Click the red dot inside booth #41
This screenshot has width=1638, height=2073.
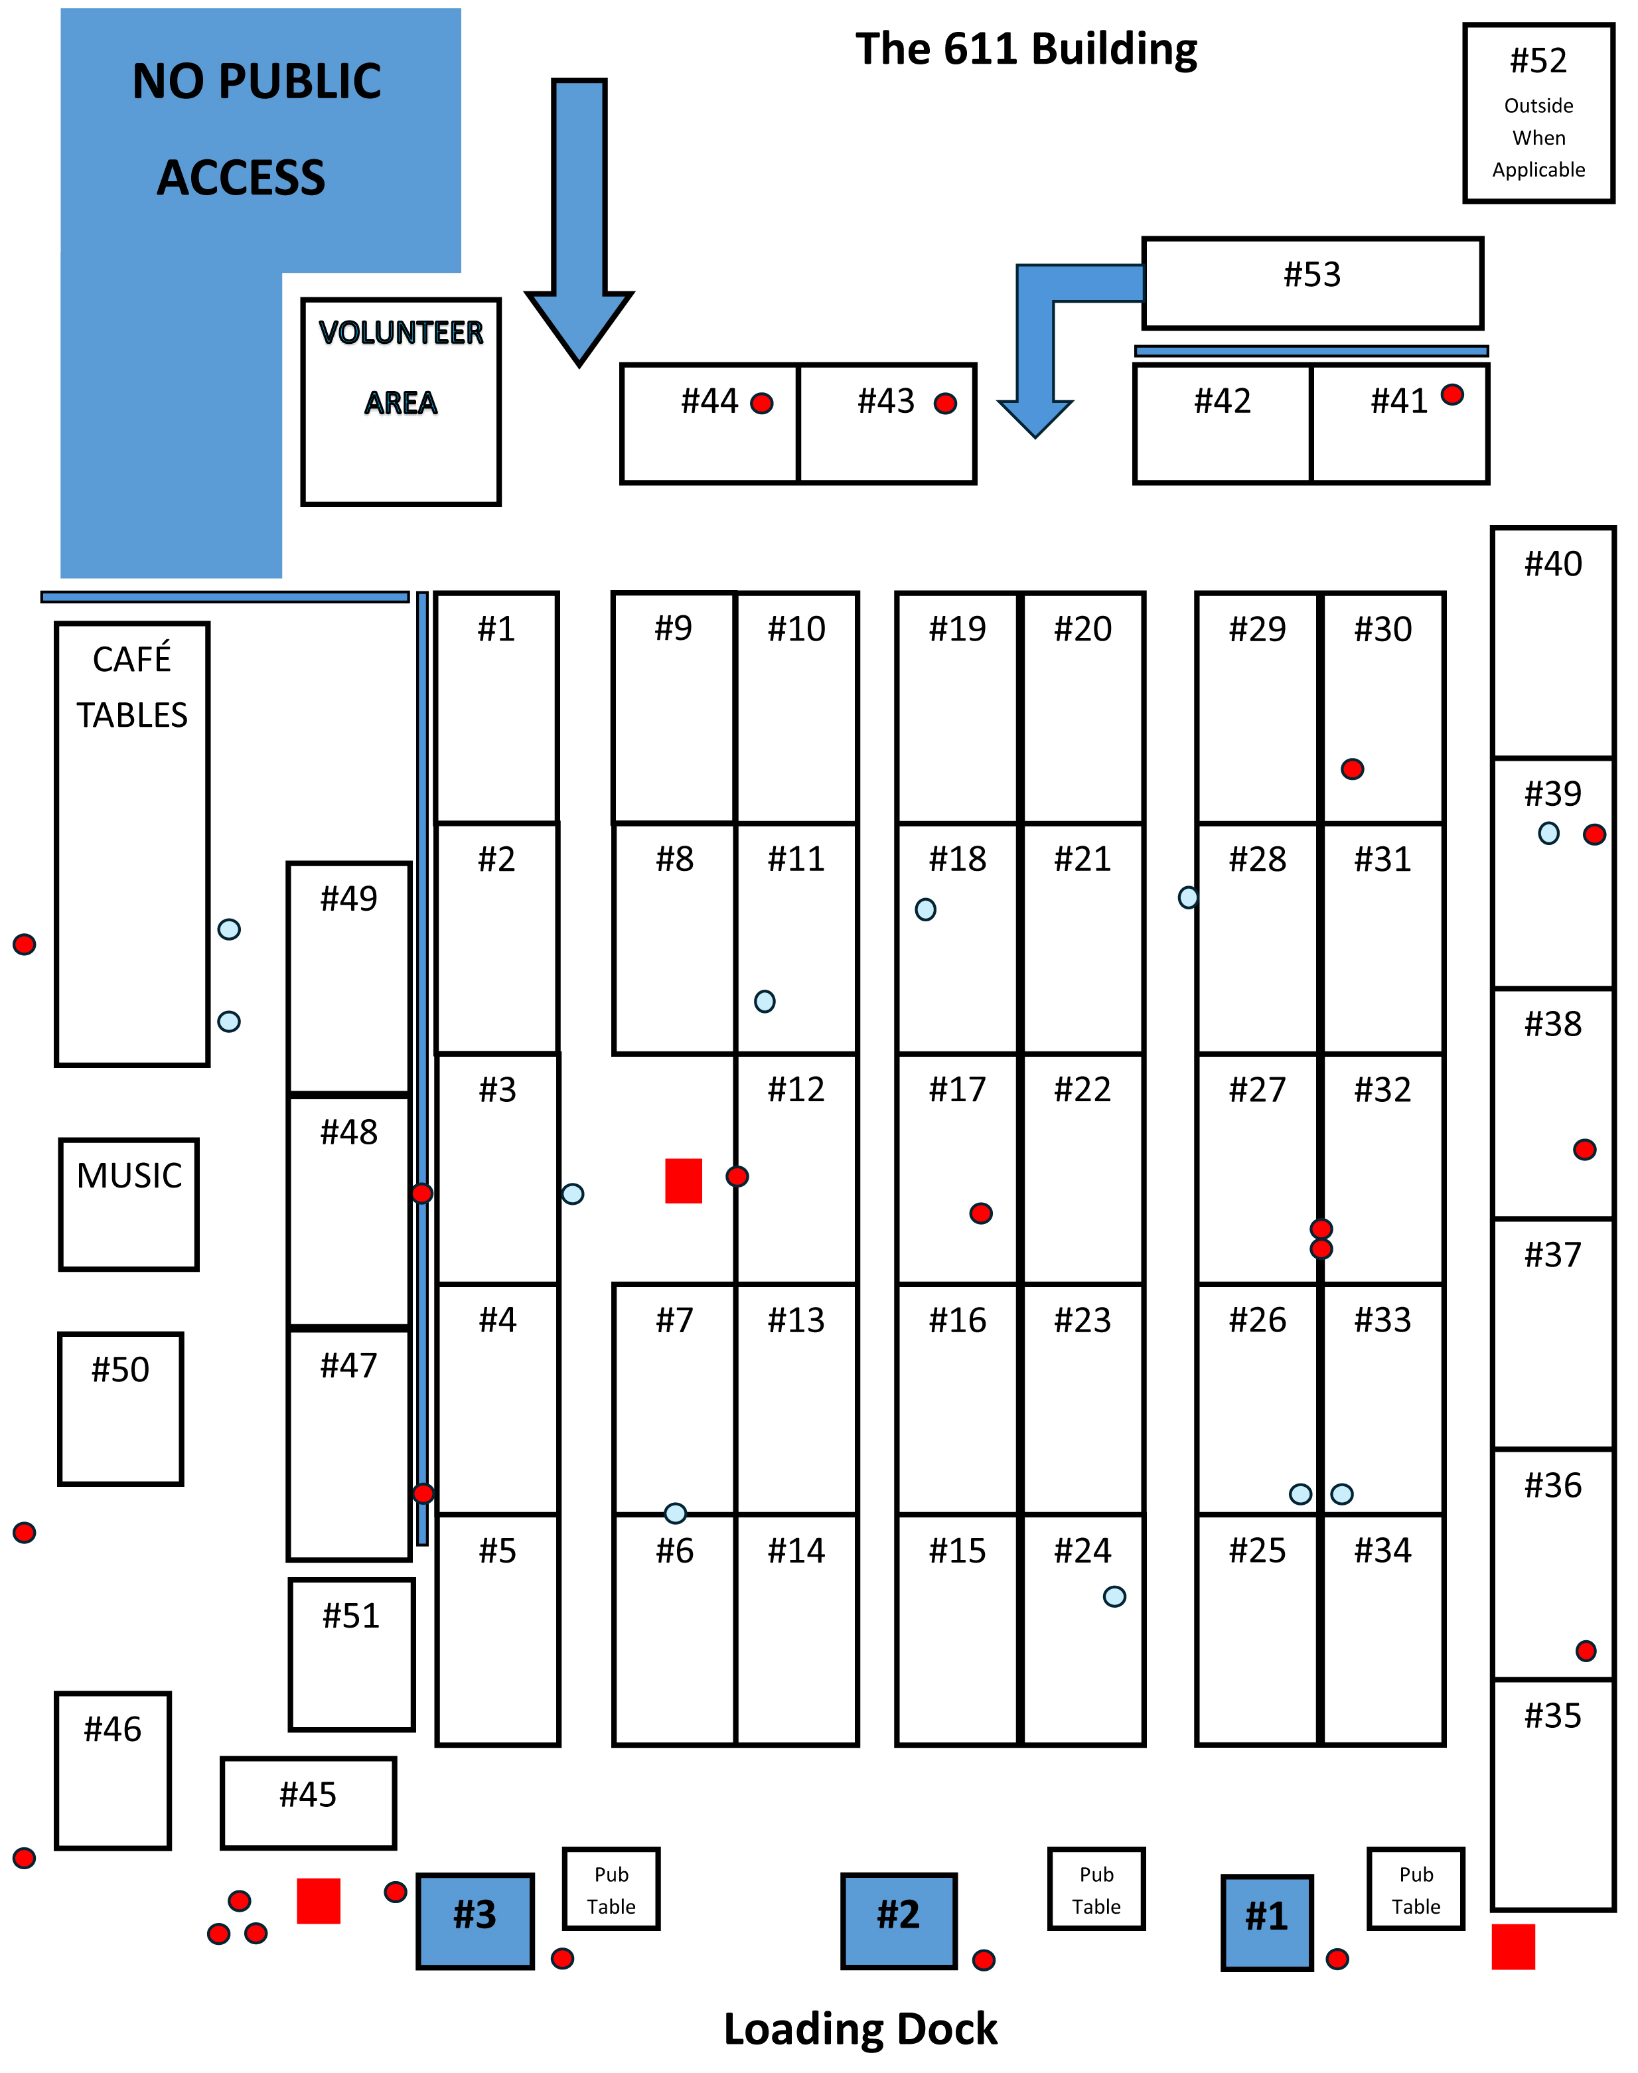1452,394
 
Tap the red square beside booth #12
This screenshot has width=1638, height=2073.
684,1180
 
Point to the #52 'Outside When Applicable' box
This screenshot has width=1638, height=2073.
1538,114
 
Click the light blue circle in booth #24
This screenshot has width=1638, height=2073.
1114,1596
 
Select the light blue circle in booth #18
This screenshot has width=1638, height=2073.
925,909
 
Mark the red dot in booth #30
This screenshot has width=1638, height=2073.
1352,769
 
